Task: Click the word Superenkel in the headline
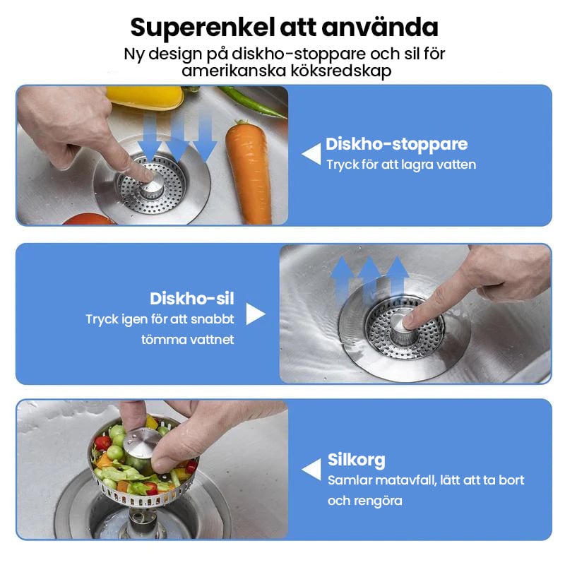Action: (x=203, y=28)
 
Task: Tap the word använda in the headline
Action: (x=380, y=28)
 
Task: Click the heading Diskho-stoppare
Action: (x=397, y=145)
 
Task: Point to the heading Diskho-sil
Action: (x=192, y=299)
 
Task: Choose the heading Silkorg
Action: (x=357, y=460)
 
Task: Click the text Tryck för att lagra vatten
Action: (x=401, y=165)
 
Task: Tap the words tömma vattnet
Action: (x=188, y=340)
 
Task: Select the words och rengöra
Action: (x=365, y=501)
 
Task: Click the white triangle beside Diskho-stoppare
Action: (x=312, y=154)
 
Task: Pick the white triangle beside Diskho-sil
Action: (x=255, y=314)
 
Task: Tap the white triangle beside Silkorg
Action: (x=312, y=470)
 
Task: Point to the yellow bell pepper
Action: (x=145, y=97)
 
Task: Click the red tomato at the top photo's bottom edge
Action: (x=89, y=219)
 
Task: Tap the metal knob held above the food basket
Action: (x=142, y=446)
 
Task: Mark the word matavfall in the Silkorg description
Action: (x=401, y=481)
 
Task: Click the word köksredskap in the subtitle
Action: (x=341, y=71)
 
